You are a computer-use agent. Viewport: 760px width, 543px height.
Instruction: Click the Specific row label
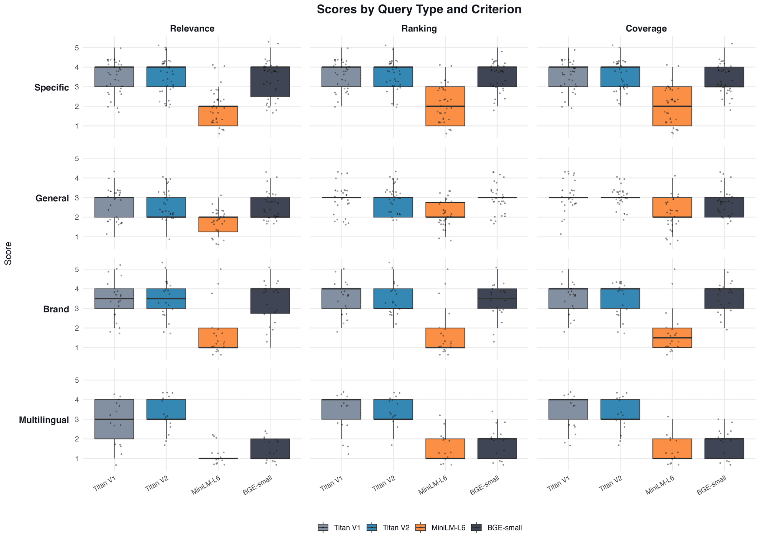click(52, 88)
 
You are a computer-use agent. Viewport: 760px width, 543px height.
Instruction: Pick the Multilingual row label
click(44, 420)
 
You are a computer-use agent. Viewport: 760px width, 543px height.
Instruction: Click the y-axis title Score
click(8, 253)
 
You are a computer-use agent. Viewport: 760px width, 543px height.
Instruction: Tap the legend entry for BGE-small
click(497, 527)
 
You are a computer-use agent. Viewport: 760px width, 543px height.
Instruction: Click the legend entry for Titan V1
click(340, 527)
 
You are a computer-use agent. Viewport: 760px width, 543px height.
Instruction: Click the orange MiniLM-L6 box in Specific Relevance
click(218, 116)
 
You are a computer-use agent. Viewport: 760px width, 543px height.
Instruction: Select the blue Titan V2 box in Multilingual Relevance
click(166, 409)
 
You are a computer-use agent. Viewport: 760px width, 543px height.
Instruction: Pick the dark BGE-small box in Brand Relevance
click(270, 301)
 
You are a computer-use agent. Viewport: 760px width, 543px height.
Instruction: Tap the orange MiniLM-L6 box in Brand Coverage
click(672, 338)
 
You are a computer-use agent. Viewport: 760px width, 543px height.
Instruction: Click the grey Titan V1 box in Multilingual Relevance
click(114, 419)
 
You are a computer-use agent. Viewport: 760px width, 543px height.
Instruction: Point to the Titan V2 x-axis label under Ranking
click(384, 483)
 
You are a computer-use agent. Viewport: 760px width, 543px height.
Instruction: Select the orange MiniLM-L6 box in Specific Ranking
click(445, 106)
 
